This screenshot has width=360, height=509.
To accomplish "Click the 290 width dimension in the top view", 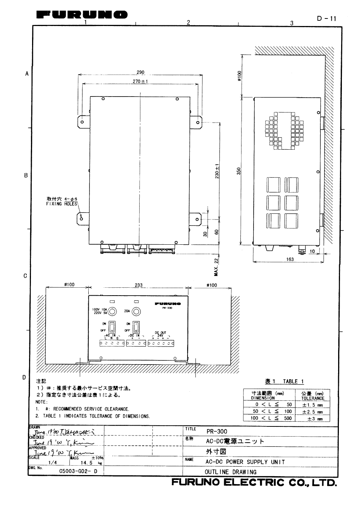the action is tap(140, 72).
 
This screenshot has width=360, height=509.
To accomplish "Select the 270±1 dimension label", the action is tap(140, 81).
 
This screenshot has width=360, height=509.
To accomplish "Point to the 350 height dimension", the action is tap(238, 172).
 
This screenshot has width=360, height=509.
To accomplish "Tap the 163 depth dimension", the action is tap(290, 259).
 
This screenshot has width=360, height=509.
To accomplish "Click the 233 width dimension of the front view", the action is tap(138, 285).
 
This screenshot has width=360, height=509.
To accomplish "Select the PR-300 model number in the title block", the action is tap(217, 431).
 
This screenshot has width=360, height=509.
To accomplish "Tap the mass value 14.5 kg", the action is tap(86, 463).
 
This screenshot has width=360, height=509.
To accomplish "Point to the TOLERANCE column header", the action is tap(313, 398).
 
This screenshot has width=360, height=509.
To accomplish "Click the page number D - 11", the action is tap(326, 18).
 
